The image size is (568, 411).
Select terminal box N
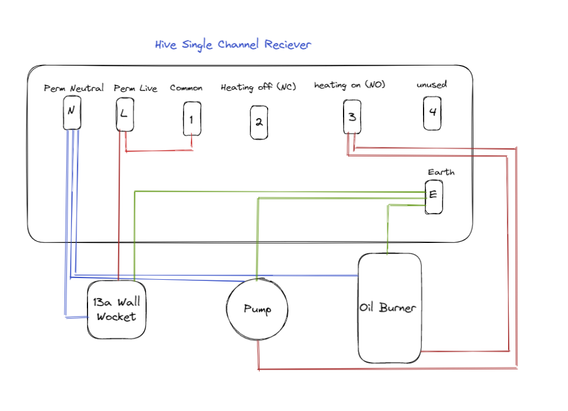pos(71,112)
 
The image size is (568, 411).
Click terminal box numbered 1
pos(192,119)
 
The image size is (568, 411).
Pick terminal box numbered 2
pos(259,122)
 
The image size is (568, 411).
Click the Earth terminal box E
pos(433,196)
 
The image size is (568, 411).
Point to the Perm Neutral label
pos(74,89)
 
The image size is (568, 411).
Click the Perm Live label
pos(135,89)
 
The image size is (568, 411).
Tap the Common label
pos(186,88)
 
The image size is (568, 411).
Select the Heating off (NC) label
pos(258,87)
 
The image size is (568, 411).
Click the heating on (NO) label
pos(349,85)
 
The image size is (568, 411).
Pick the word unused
pos(432,85)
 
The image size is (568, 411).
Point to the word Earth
pos(441,172)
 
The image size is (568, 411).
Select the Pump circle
pos(257,309)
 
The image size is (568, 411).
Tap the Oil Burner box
pos(390,308)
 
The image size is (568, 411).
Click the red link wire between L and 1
pos(158,151)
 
